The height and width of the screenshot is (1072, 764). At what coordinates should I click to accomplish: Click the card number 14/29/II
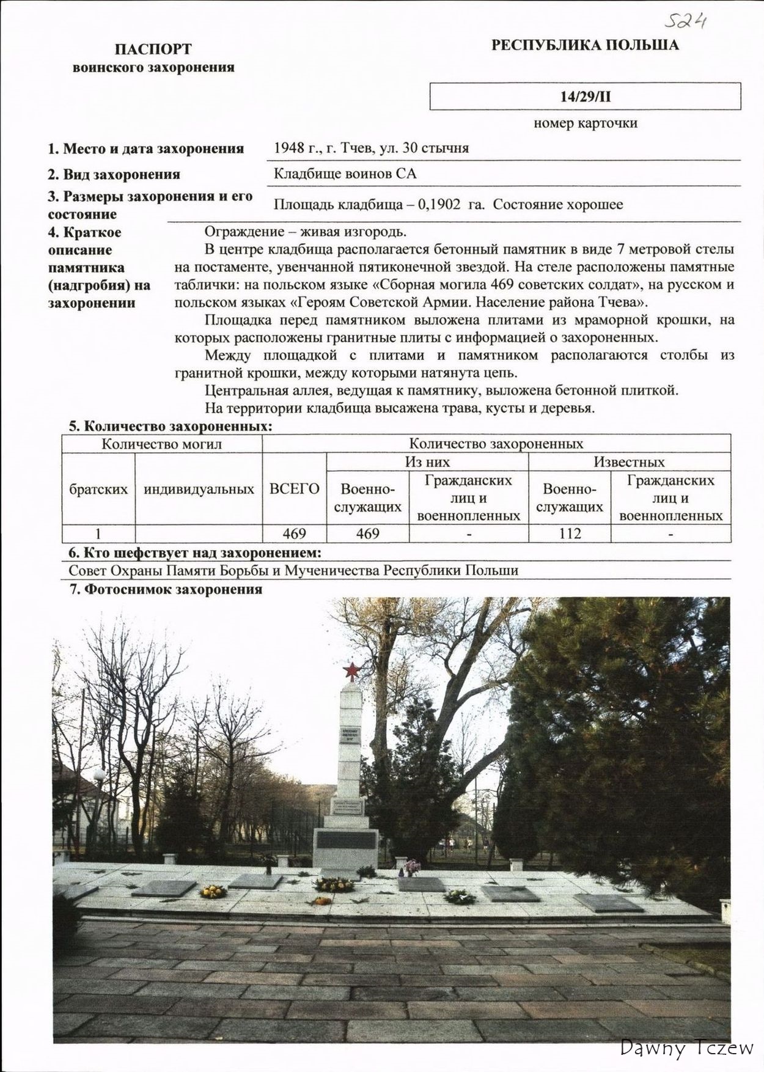585,97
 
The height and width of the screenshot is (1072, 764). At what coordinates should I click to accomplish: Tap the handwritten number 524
686,23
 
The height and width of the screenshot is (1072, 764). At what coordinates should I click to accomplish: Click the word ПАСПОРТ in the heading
153,49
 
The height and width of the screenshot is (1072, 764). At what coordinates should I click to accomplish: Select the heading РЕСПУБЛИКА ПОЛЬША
585,45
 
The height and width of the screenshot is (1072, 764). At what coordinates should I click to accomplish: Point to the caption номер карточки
585,123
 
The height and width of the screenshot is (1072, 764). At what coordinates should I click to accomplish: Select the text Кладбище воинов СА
345,174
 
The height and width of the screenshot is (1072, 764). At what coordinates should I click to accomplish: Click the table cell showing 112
570,534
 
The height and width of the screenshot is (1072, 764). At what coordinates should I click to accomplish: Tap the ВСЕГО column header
294,489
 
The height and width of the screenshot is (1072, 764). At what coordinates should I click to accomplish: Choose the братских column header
98,489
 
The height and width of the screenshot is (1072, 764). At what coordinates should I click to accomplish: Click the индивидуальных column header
199,489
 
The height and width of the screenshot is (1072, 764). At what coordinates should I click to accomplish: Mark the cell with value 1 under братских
98,534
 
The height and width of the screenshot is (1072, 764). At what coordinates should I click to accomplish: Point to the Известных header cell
629,462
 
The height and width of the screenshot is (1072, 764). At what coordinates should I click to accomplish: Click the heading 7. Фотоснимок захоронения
165,589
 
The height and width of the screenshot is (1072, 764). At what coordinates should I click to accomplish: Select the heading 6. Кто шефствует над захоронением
194,553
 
